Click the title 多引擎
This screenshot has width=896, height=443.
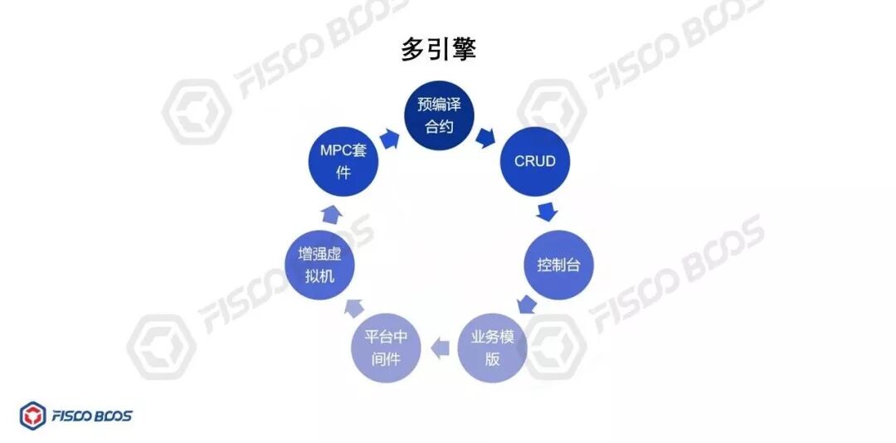(x=439, y=49)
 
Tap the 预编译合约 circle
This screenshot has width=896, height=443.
(x=440, y=115)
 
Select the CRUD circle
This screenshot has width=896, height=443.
(x=534, y=162)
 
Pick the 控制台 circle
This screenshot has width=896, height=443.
(x=558, y=265)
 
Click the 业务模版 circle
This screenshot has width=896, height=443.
(x=493, y=348)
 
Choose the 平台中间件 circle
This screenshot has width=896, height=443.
(x=387, y=348)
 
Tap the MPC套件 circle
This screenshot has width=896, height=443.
(x=343, y=162)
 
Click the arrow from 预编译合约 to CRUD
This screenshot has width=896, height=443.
(x=486, y=137)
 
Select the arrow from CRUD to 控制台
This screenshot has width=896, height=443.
(x=546, y=211)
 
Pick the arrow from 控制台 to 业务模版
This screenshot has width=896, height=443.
(x=526, y=305)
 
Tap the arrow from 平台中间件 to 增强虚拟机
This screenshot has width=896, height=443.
(x=353, y=307)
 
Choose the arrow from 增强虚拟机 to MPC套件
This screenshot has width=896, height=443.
(x=329, y=214)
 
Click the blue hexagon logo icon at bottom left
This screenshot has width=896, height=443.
(x=33, y=416)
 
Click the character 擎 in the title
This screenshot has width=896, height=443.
(x=463, y=49)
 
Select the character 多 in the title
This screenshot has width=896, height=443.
(x=414, y=49)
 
